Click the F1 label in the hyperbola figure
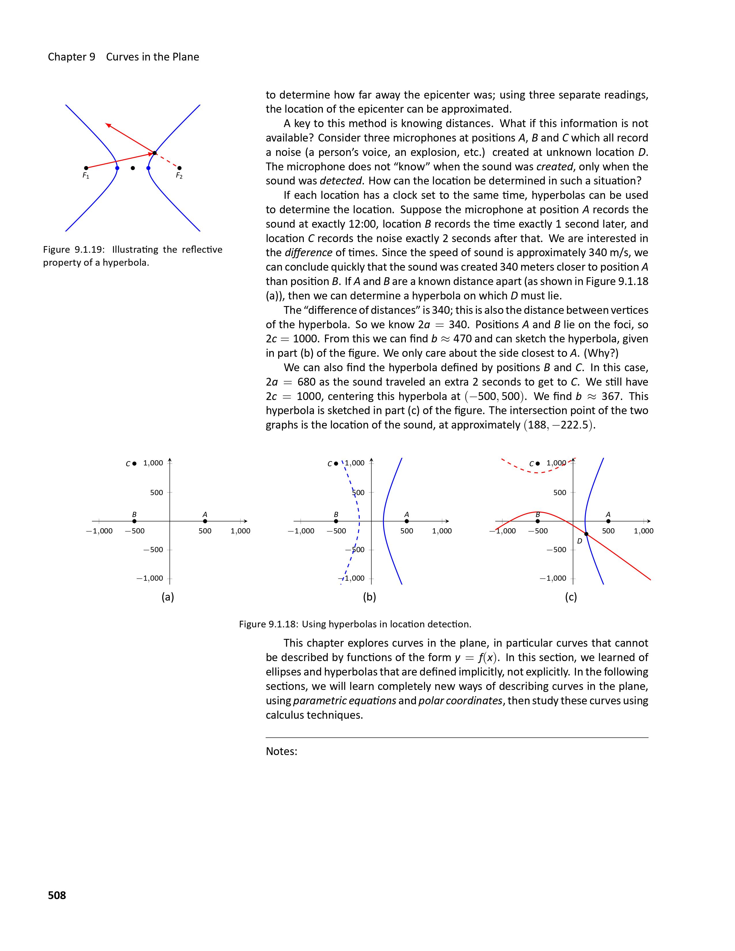[86, 176]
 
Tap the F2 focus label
[179, 176]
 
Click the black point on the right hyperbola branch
[154, 153]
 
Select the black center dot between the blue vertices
[133, 168]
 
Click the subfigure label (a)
[168, 597]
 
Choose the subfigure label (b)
[369, 597]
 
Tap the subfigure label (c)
[571, 597]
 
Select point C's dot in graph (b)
[336, 464]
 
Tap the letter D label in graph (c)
[580, 541]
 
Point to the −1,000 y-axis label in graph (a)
[150, 578]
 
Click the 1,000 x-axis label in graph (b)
[442, 531]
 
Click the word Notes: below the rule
[281, 751]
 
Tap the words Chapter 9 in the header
[71, 57]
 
